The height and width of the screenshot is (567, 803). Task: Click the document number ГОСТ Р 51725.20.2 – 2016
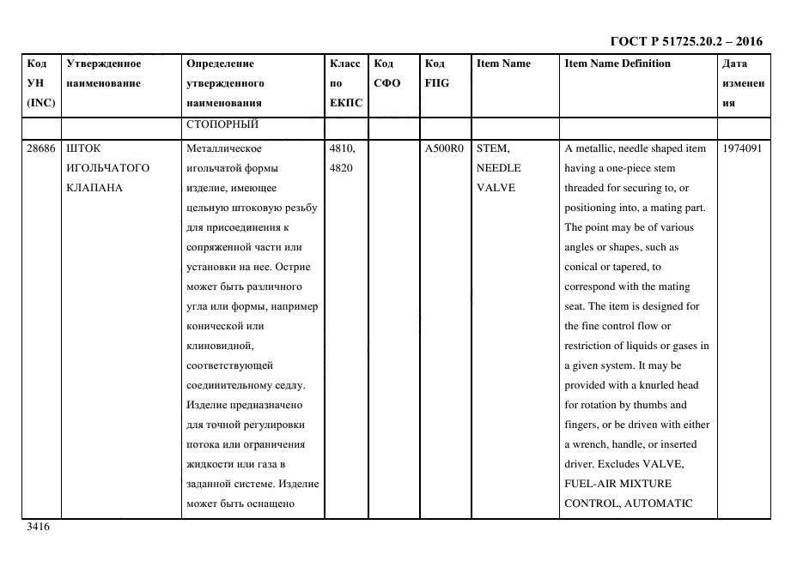tap(685, 41)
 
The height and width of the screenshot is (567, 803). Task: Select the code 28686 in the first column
tap(41, 148)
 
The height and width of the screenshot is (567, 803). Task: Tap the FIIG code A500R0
tap(444, 148)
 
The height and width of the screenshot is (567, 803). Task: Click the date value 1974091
tap(741, 148)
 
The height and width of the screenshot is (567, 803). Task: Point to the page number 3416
tap(39, 528)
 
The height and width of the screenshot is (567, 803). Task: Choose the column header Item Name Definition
tap(617, 63)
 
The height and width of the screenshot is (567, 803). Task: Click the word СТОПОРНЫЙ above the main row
tap(222, 124)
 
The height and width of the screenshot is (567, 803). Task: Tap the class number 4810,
tap(344, 148)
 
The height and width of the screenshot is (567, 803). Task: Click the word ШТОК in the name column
tap(83, 148)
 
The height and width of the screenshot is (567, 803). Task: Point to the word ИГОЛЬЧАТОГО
tap(107, 168)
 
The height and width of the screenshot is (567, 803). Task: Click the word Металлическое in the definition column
tap(223, 148)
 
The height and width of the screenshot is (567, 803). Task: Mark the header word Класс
tap(344, 63)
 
